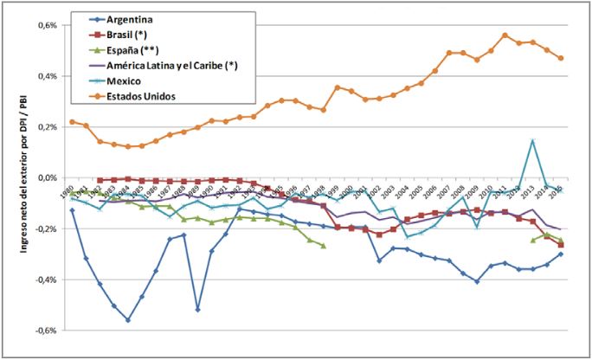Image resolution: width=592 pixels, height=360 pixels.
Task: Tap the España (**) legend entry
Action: coord(129,49)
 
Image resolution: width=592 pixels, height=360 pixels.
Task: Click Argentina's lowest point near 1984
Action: coord(128,320)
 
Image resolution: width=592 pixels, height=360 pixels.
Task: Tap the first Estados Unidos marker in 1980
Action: coord(72,122)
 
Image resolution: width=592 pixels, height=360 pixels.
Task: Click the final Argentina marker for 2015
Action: coord(561,254)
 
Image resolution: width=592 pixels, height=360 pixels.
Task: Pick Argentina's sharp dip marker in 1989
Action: coord(198,309)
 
